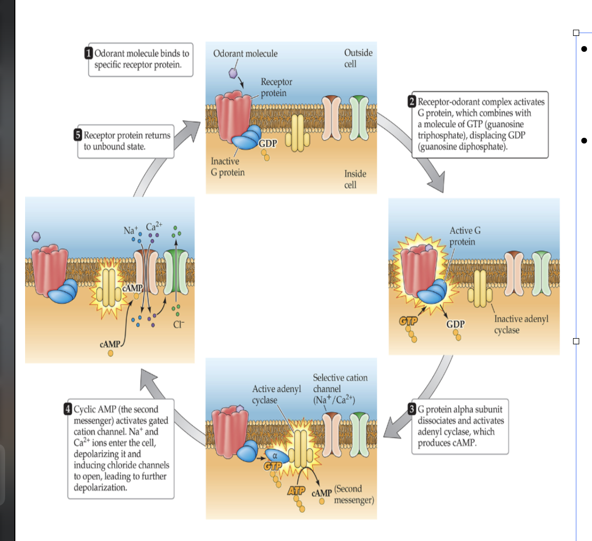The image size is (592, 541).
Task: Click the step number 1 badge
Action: pos(89,53)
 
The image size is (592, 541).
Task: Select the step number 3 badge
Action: pos(412,409)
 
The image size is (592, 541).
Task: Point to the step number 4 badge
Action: pos(68,409)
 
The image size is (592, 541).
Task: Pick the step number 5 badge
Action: pos(78,135)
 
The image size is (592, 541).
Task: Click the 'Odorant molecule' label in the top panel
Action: pos(245,53)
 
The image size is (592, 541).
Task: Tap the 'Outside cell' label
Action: pos(358,58)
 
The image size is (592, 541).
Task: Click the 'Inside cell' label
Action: pos(355,179)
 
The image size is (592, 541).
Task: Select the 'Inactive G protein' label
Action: pos(228,167)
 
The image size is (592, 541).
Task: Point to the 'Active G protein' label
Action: pos(464,236)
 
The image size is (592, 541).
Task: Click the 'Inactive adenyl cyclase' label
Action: pos(521,324)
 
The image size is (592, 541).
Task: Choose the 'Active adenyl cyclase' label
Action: pos(276,394)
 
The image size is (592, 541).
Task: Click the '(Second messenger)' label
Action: pos(354,494)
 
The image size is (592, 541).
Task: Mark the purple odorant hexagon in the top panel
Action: pos(232,73)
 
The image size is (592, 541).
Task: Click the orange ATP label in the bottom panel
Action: pos(297,490)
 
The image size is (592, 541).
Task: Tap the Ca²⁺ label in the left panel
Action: pos(154,226)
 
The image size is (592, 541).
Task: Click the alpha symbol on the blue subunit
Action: pos(274,454)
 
